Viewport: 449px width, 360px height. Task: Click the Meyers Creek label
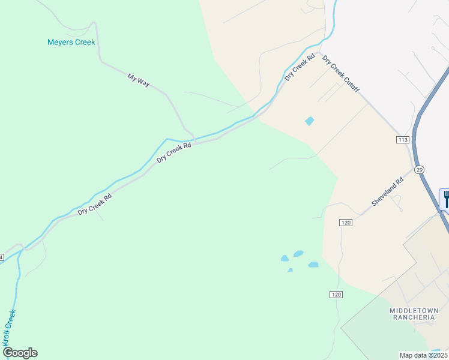(71, 42)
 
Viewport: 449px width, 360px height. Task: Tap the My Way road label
(139, 80)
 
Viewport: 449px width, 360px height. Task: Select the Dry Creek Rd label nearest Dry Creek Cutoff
(300, 68)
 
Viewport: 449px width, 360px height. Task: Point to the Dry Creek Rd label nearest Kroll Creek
(95, 204)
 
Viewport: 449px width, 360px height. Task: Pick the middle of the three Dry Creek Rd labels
(174, 152)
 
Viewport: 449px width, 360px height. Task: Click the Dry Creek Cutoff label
(341, 74)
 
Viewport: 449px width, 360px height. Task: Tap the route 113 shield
(402, 140)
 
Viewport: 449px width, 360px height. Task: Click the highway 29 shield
(419, 170)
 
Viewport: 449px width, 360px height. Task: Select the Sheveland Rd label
(387, 192)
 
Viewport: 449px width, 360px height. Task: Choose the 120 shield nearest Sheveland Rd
(345, 223)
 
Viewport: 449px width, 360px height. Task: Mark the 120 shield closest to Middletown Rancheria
(336, 295)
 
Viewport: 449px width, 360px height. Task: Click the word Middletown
(414, 310)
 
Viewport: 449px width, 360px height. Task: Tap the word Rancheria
(414, 318)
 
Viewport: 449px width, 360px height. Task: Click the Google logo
(20, 353)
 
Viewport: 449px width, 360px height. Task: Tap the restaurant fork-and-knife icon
(445, 198)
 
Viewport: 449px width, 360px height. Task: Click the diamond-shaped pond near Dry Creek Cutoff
(309, 121)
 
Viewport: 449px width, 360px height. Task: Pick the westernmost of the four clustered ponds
(285, 259)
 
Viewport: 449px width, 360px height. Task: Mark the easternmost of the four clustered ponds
(313, 265)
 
